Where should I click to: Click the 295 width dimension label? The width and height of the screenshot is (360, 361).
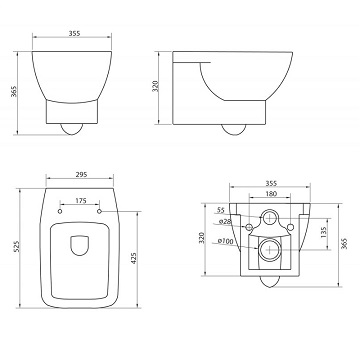[81, 174]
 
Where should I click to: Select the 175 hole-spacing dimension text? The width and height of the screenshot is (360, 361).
[81, 201]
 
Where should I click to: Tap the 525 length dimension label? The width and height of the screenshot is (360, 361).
[17, 246]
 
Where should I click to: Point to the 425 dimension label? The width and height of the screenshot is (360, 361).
[134, 258]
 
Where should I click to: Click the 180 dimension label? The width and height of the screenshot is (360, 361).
[271, 194]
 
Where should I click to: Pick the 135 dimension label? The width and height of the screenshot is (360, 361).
[323, 233]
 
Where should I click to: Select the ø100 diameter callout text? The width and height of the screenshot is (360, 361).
[226, 241]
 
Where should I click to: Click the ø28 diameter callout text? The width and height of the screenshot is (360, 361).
[225, 221]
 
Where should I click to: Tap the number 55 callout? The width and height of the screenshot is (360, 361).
[221, 210]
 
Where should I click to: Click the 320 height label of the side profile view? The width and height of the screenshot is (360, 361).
[156, 86]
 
